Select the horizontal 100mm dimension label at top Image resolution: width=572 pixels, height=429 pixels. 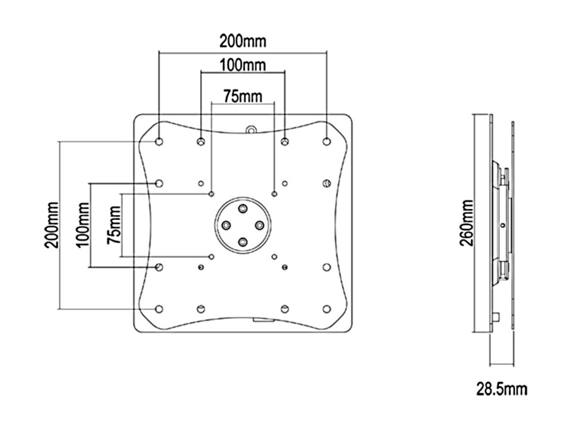[243, 66]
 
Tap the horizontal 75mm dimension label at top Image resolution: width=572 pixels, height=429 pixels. [243, 96]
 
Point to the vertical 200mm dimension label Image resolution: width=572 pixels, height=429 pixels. [51, 225]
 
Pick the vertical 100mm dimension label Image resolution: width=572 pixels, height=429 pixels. [82, 225]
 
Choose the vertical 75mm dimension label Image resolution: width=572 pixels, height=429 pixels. [114, 225]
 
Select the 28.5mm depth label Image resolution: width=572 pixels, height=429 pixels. [502, 390]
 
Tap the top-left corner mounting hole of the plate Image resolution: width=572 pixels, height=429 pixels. [159, 141]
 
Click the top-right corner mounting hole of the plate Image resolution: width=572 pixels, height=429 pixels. [326, 141]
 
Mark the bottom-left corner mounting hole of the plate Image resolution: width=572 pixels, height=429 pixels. [159, 308]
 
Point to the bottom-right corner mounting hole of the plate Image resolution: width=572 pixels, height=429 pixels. [326, 308]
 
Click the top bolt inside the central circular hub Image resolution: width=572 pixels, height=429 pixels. [243, 209]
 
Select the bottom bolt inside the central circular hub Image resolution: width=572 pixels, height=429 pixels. [243, 242]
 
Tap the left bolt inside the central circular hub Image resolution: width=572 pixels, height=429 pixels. [226, 226]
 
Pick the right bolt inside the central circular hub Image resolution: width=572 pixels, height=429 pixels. [260, 226]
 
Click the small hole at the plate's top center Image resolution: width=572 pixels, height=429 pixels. [251, 129]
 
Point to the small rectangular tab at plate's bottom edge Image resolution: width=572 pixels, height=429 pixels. [263, 319]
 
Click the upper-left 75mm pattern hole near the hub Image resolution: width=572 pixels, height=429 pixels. [212, 194]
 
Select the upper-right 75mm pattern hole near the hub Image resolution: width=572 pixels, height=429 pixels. [274, 194]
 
